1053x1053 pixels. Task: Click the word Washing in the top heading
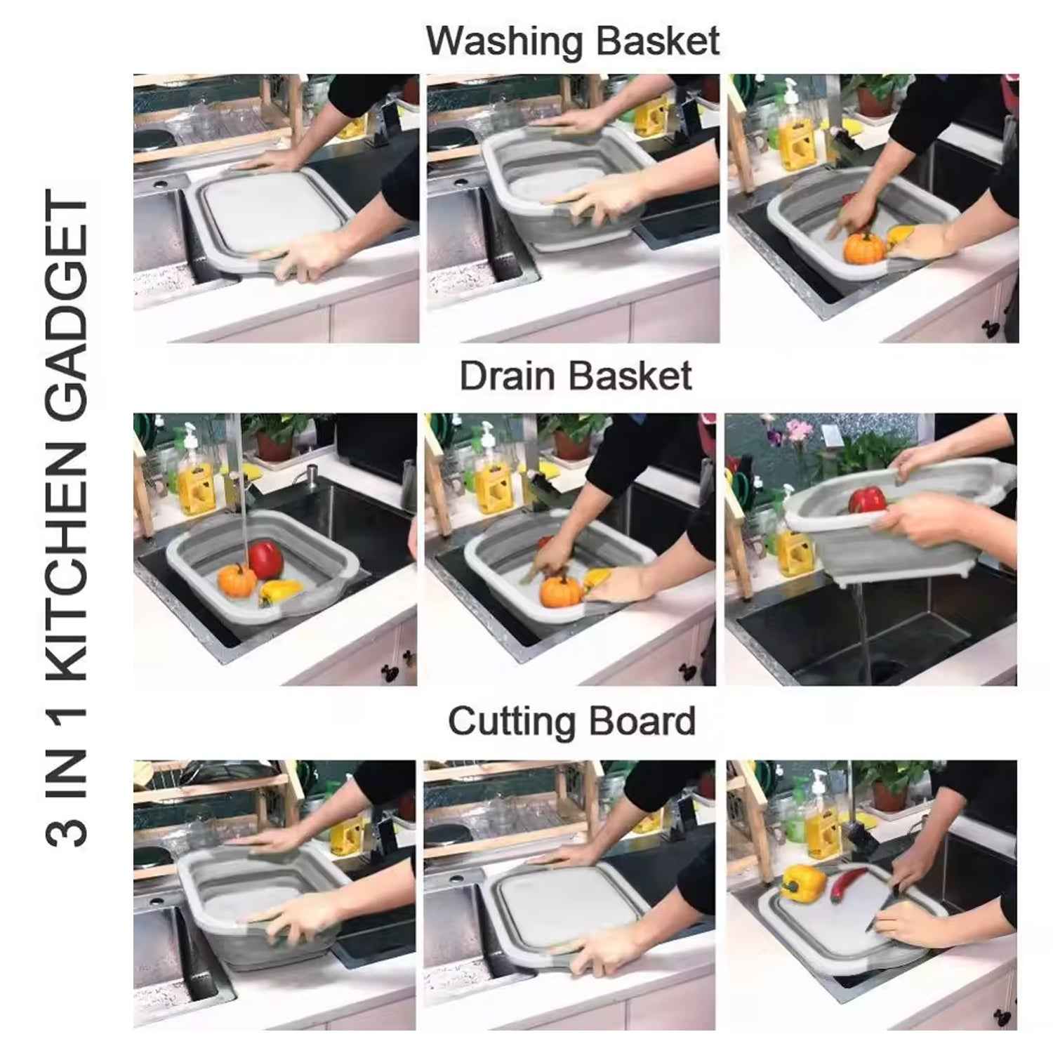click(x=500, y=42)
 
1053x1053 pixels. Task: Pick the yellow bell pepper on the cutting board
click(x=802, y=881)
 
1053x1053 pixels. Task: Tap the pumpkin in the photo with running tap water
click(x=237, y=581)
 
